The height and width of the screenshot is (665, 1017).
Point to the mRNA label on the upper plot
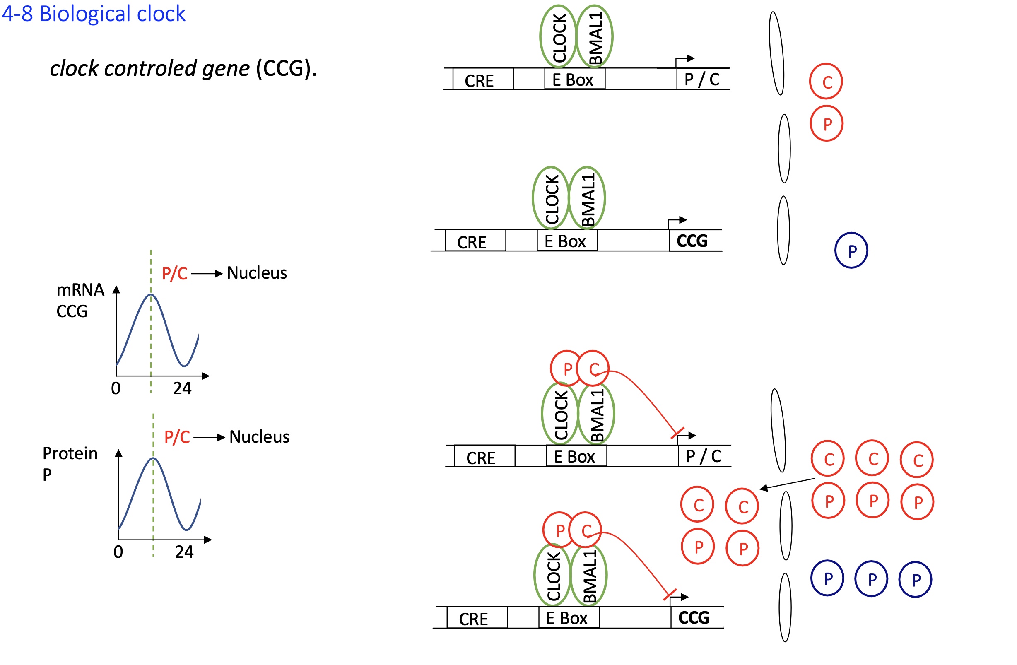[x=80, y=290]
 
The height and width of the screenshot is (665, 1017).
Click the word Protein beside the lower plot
[x=70, y=453]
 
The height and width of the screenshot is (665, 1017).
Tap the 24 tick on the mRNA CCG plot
[x=182, y=388]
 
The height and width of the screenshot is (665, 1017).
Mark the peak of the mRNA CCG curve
[x=151, y=294]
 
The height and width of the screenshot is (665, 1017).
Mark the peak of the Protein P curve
[x=153, y=458]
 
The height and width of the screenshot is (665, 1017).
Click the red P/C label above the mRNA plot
[x=174, y=274]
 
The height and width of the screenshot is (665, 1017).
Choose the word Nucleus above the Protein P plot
[x=259, y=437]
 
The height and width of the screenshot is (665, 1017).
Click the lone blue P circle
[x=851, y=251]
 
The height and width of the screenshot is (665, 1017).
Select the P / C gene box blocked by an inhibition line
[x=704, y=456]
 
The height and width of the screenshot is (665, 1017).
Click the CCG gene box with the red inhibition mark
[x=694, y=618]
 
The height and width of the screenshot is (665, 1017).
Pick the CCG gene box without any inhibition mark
[x=692, y=241]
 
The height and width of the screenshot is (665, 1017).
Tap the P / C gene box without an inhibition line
[x=701, y=80]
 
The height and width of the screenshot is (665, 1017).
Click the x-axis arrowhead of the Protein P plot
[x=208, y=540]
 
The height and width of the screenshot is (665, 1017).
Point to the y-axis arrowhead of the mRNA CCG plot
[x=116, y=290]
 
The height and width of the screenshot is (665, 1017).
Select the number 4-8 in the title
[x=17, y=14]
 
